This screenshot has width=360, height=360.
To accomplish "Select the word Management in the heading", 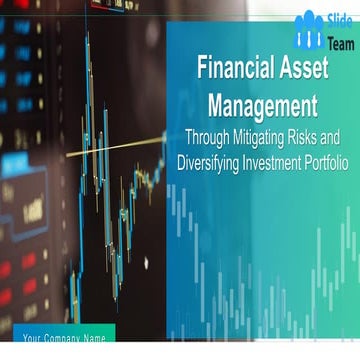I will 262,103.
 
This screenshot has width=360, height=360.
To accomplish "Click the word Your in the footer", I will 33,337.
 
